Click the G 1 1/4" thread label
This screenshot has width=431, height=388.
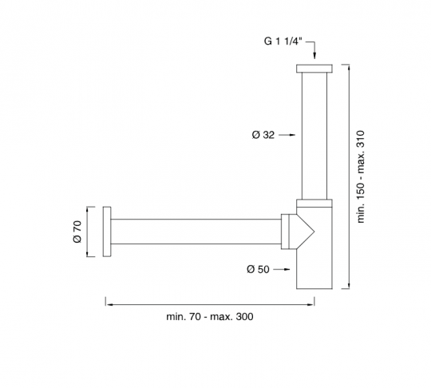point(283,42)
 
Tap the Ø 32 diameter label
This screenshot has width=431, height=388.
point(263,135)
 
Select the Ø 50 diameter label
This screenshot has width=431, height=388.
point(258,269)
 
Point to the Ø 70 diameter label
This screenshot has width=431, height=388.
point(77,232)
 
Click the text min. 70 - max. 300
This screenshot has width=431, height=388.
point(210,317)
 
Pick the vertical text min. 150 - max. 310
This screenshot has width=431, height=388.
point(360,176)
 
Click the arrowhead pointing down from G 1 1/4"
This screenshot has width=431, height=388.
point(314,56)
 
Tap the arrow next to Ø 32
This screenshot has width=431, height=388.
point(287,135)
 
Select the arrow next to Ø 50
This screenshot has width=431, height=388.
point(282,270)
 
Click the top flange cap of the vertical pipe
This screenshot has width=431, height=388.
point(314,69)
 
